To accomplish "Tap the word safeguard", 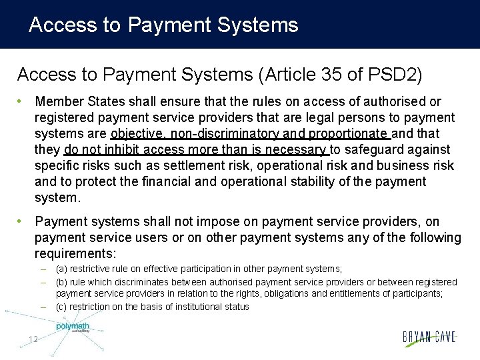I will point(371,149).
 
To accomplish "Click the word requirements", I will point(75,253).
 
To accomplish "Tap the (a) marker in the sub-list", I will point(61,269).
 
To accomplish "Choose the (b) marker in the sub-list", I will point(61,282).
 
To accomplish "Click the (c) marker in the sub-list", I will point(61,307).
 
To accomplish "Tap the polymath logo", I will point(72,327).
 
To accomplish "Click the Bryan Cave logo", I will point(429,337).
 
